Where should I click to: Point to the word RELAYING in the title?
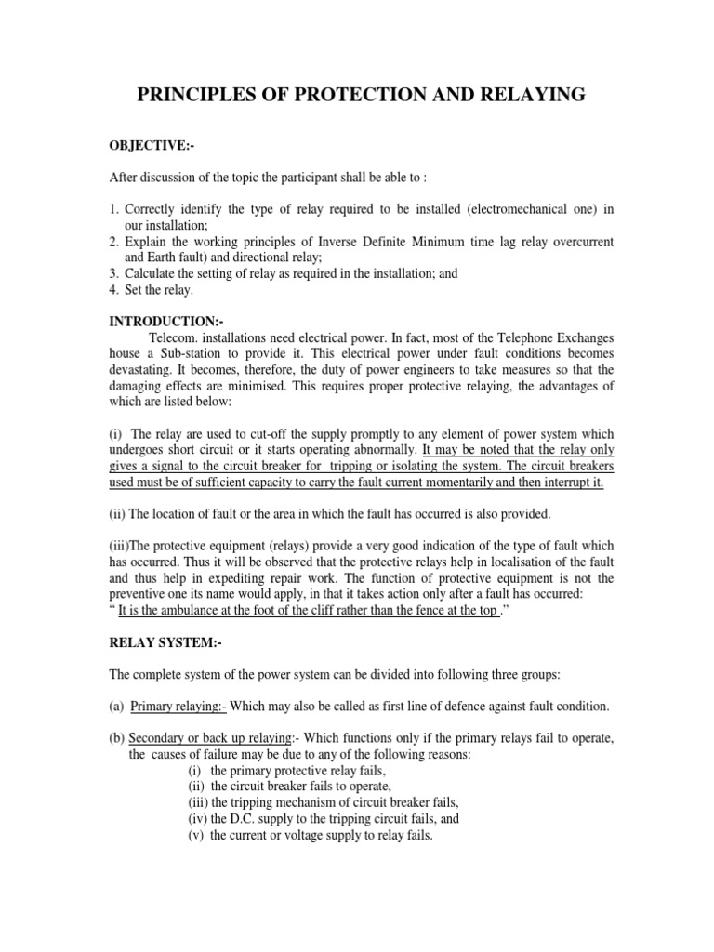pos(527,94)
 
